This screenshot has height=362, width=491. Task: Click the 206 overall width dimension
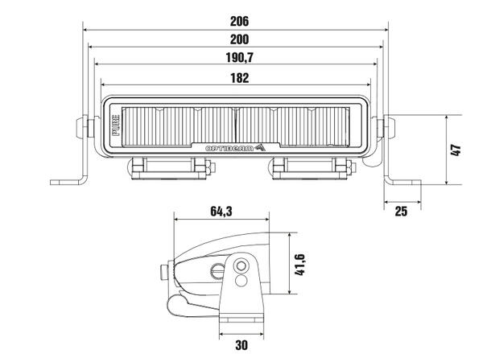(237, 19)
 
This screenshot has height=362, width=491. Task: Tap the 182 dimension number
(237, 78)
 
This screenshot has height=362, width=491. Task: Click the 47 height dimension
(455, 150)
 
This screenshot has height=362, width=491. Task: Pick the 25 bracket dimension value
(402, 211)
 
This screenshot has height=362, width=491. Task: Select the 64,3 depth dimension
(221, 212)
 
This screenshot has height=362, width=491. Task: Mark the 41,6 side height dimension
(299, 263)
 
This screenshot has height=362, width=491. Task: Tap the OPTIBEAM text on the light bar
(229, 149)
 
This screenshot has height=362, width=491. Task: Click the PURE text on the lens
(116, 128)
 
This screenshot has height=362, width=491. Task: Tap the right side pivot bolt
(391, 128)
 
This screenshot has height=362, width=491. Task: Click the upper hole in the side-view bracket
(242, 266)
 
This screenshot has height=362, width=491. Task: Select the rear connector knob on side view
(166, 271)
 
